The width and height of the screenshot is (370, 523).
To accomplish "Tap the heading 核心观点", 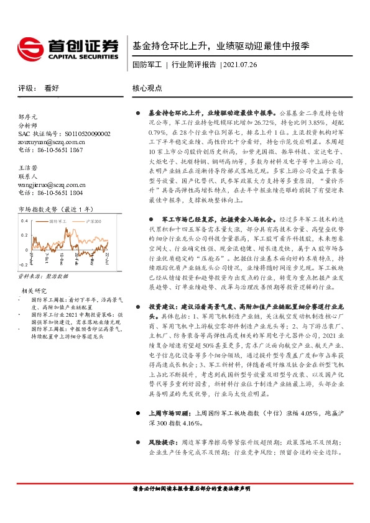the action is pos(147,88).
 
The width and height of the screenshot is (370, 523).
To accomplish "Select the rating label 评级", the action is pos(26,88).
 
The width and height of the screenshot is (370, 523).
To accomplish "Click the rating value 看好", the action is pos(52,88).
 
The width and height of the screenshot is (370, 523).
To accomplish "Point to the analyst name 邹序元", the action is pos(28,116).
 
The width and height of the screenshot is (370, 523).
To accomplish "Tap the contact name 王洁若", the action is pos(28,168).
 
